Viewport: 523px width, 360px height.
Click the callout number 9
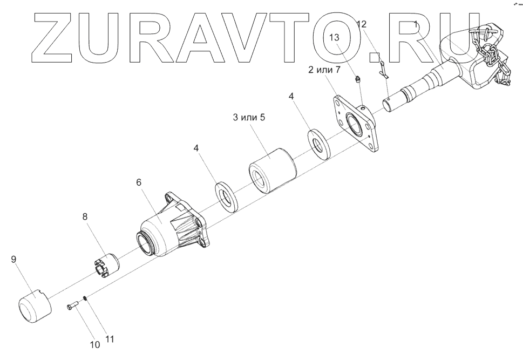point(14,260)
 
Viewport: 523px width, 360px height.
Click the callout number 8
point(85,216)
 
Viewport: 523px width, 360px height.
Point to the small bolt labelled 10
point(73,307)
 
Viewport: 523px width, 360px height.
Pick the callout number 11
point(110,339)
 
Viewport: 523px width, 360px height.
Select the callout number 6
point(139,182)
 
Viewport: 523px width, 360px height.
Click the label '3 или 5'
point(249,118)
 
